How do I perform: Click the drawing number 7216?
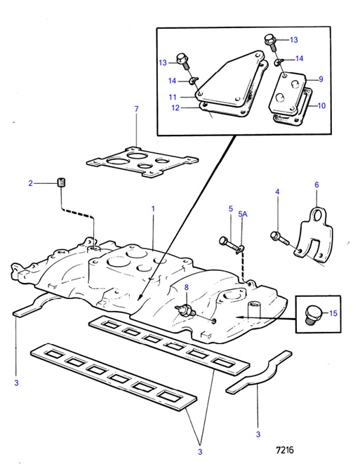pyautogui.click(x=285, y=450)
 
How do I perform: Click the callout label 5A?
pyautogui.click(x=243, y=214)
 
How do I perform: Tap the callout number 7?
pyautogui.click(x=137, y=109)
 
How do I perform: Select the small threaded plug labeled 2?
pyautogui.click(x=62, y=183)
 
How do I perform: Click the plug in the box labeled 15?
pyautogui.click(x=311, y=314)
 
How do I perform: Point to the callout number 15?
pyautogui.click(x=333, y=313)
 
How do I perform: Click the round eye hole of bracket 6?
pyautogui.click(x=316, y=215)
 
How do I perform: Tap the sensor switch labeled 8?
pyautogui.click(x=185, y=310)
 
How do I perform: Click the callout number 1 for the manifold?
pyautogui.click(x=153, y=208)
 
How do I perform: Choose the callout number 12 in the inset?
pyautogui.click(x=175, y=107)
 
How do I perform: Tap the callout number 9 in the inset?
pyautogui.click(x=321, y=79)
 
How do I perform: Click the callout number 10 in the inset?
pyautogui.click(x=321, y=106)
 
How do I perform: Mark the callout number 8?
pyautogui.click(x=187, y=288)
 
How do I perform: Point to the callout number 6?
pyautogui.click(x=316, y=185)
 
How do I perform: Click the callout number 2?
pyautogui.click(x=30, y=183)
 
